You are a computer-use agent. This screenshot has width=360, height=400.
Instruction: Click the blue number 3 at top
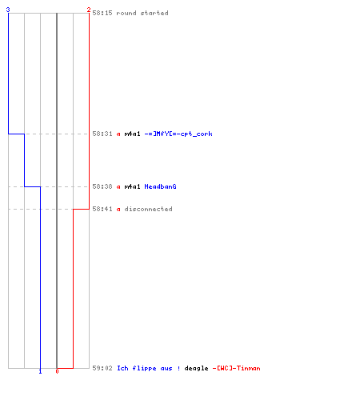[8, 10]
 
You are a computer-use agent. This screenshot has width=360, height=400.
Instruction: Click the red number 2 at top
[89, 10]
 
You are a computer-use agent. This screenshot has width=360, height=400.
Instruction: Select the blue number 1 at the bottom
[40, 371]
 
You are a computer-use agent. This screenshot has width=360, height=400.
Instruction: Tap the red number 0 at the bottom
[57, 371]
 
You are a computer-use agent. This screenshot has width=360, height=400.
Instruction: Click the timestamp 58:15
[102, 13]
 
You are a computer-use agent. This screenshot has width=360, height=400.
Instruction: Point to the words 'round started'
[142, 13]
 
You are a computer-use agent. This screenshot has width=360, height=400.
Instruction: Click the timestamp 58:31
[102, 134]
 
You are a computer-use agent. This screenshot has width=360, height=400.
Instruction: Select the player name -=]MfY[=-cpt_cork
[178, 134]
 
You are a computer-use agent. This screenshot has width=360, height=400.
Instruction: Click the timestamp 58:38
[102, 186]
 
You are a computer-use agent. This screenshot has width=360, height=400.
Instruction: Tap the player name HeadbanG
[160, 186]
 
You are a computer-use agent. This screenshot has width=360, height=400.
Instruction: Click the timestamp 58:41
[102, 209]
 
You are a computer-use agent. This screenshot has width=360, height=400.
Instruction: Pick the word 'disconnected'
[148, 209]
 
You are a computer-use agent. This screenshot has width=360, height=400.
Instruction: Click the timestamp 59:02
[102, 368]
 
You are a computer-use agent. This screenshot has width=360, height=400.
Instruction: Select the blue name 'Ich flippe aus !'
[149, 368]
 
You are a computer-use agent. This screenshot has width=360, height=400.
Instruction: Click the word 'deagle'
[196, 369]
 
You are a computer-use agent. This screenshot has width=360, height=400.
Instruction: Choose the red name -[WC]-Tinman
[236, 368]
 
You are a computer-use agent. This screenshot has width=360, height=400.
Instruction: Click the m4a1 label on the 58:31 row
[132, 134]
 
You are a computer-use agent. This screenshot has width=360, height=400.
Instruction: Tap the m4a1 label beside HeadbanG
[132, 186]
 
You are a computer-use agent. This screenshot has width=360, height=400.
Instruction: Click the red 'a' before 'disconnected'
[118, 210]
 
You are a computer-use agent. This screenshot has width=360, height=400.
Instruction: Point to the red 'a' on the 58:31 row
[118, 134]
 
